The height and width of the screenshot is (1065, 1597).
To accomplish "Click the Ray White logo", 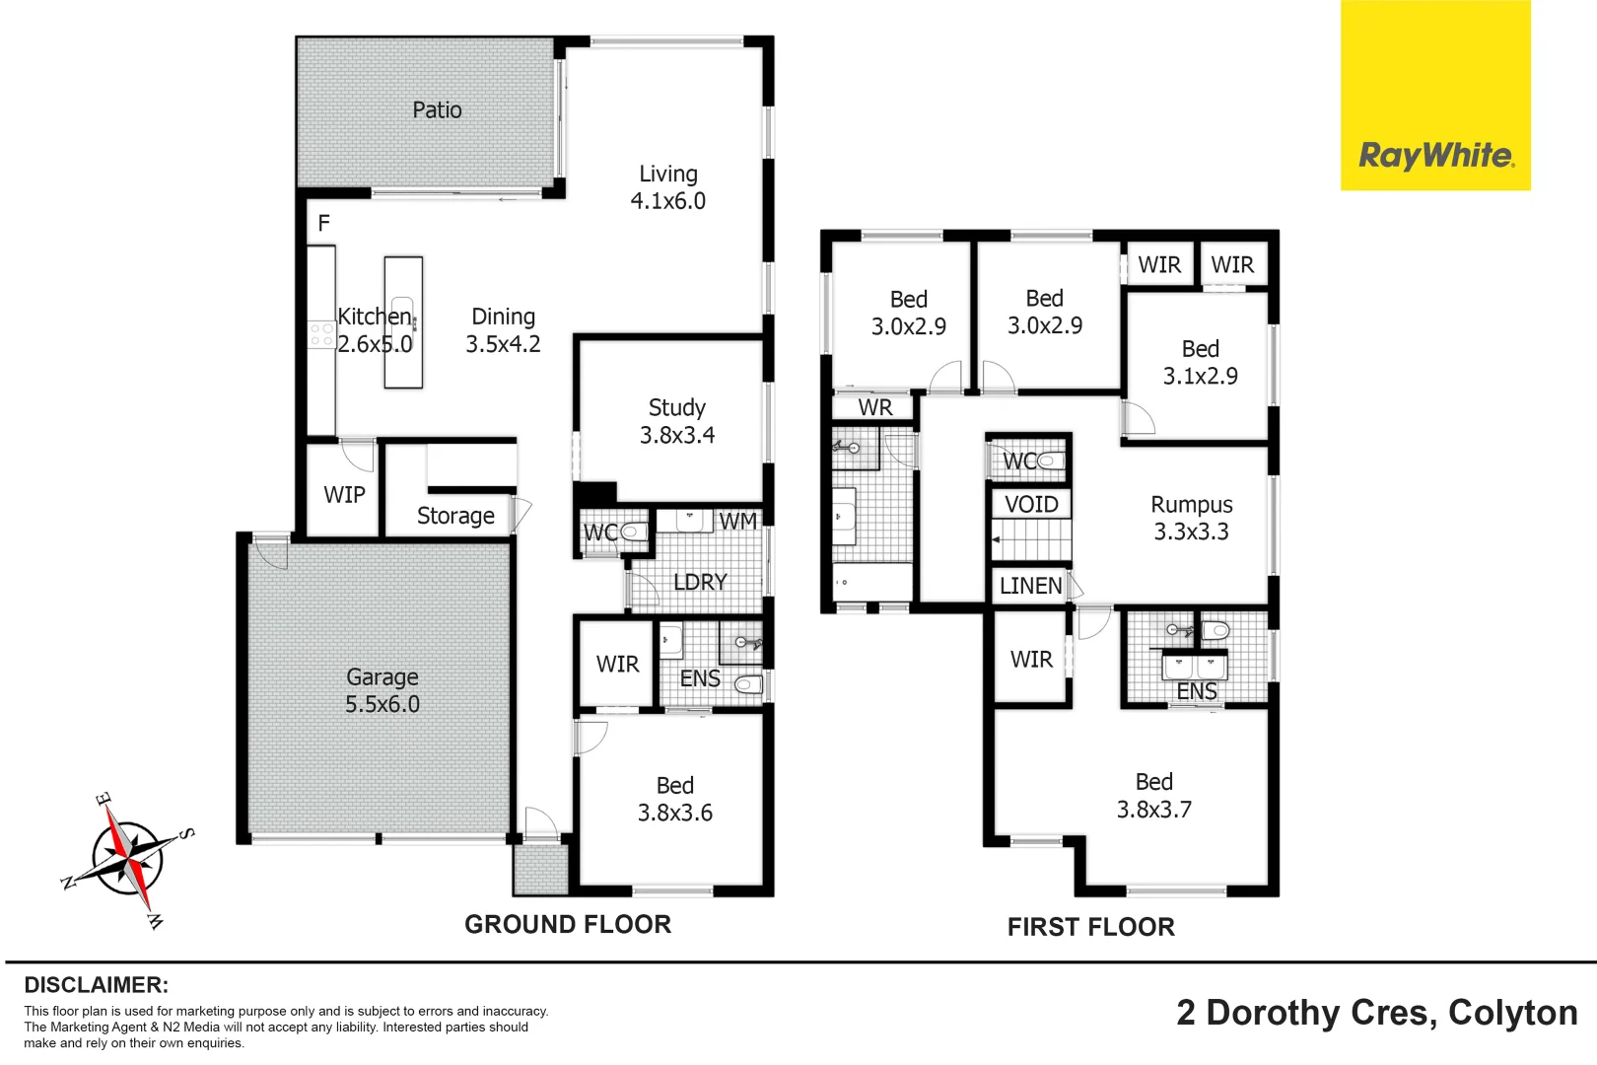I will click(1435, 155).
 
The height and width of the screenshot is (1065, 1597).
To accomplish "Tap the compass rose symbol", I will click(128, 858).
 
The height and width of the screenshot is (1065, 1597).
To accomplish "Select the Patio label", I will click(437, 109).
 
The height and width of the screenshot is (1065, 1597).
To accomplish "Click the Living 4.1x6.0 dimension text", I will click(667, 200).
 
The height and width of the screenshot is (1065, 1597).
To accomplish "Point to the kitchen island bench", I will click(403, 321).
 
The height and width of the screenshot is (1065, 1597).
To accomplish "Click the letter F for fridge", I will click(323, 224).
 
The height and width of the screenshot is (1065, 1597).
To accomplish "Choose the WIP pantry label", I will click(344, 495).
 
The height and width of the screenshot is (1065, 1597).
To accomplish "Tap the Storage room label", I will click(455, 516).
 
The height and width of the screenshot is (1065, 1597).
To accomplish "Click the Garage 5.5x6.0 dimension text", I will click(382, 704).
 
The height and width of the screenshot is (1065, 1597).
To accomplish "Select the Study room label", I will click(676, 407).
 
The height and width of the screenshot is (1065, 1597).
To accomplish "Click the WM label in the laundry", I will click(737, 521).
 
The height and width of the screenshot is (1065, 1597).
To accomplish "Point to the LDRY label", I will click(700, 582).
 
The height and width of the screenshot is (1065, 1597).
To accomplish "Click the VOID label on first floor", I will click(1031, 504).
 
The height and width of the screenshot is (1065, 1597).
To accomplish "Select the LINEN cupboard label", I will click(1030, 586).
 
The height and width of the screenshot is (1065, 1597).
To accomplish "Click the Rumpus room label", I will click(1191, 505).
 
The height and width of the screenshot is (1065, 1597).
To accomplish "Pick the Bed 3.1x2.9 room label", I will click(1200, 362).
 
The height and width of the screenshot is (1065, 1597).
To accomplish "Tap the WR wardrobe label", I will click(874, 407).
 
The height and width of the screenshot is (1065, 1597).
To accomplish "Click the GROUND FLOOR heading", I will click(568, 924).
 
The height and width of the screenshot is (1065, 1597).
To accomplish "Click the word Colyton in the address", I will click(1512, 1013).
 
